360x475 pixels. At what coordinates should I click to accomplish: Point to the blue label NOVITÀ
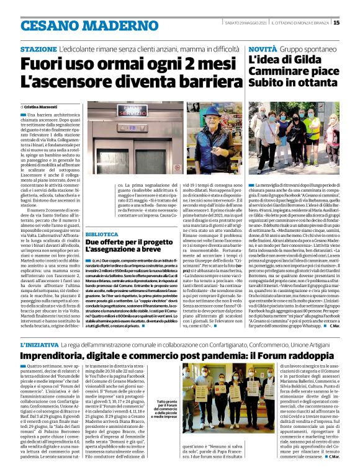263,48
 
